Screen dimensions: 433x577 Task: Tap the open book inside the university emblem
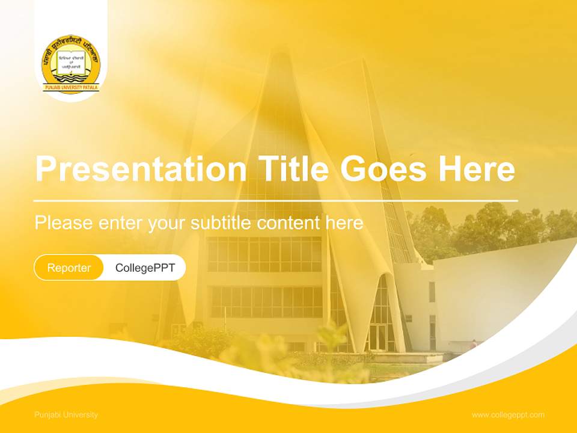coord(71,61)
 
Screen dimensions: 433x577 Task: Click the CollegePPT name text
coord(145,268)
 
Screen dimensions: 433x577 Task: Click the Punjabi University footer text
coord(66,415)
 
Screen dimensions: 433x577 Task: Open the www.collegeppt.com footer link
coord(508,415)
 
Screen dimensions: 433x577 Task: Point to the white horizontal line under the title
coord(276,200)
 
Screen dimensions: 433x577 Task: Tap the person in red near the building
coord(474,343)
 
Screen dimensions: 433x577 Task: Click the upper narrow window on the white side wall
coord(432,292)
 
